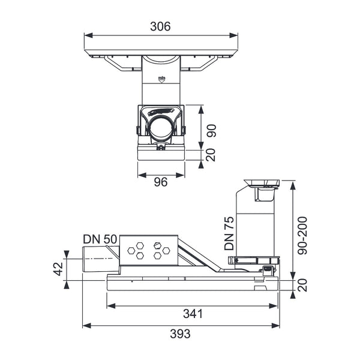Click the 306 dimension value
point(160,26)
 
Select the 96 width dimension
point(161,182)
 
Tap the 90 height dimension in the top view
point(211,131)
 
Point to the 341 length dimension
point(193,314)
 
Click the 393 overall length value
point(180,334)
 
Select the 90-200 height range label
point(302,235)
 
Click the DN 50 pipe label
point(100,239)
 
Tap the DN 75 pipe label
point(229,233)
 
